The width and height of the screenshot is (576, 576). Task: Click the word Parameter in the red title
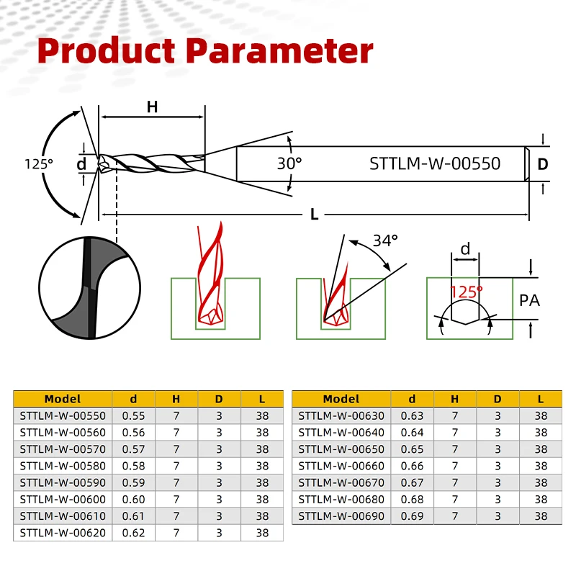click(x=279, y=50)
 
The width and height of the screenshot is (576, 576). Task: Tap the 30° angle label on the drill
click(x=289, y=163)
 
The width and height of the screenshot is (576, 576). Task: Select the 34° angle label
click(x=385, y=241)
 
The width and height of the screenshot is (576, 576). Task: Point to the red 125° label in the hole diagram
click(x=466, y=292)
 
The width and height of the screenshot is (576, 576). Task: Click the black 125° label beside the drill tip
click(x=39, y=164)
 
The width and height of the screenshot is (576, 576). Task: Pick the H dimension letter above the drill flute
click(x=152, y=107)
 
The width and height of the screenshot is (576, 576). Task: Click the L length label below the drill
click(x=314, y=214)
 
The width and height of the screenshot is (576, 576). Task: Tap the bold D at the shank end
click(x=543, y=164)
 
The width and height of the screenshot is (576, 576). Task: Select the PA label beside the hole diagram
click(x=529, y=300)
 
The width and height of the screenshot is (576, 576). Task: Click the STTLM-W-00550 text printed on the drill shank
click(x=435, y=164)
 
